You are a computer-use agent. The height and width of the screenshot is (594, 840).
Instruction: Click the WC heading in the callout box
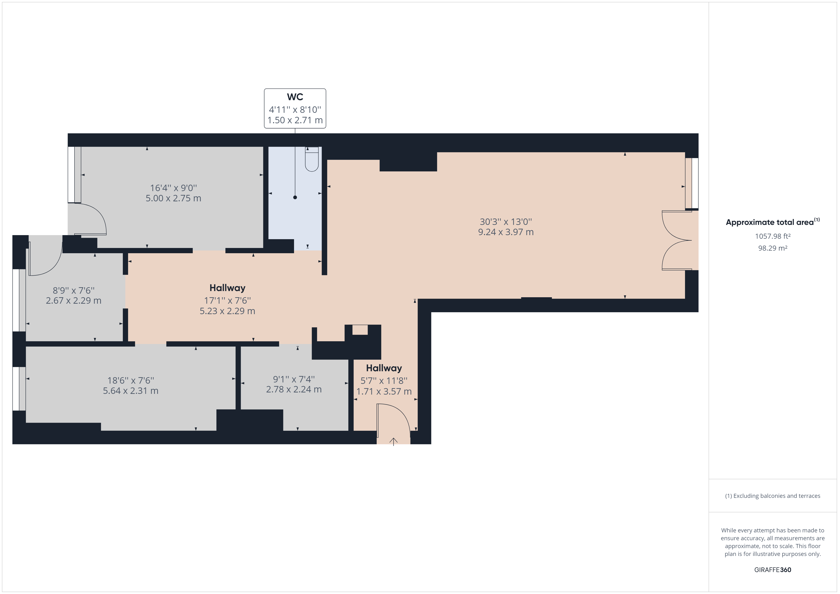click(295, 97)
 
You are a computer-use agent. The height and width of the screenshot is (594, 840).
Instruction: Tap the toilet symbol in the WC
click(312, 159)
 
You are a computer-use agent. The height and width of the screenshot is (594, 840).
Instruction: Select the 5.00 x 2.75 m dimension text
click(173, 198)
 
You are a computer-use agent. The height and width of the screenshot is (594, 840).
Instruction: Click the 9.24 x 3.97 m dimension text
click(506, 232)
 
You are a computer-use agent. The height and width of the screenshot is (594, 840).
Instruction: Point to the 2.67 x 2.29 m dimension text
click(74, 301)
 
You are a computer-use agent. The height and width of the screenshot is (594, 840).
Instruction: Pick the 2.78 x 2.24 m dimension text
click(294, 390)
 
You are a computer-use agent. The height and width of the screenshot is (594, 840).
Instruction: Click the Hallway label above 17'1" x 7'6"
click(227, 288)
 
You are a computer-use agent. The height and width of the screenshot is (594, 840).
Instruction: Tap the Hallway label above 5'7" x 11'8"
click(384, 368)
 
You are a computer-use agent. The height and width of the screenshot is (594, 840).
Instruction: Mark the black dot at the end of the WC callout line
click(295, 198)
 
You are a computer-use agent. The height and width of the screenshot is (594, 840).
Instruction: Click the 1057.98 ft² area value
click(773, 236)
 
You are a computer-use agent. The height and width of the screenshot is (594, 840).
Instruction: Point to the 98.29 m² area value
click(773, 248)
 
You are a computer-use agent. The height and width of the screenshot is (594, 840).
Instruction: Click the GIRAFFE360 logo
click(773, 570)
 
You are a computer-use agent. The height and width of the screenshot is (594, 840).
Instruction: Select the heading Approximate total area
click(770, 222)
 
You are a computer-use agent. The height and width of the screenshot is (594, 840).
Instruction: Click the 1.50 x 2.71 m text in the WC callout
click(295, 120)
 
